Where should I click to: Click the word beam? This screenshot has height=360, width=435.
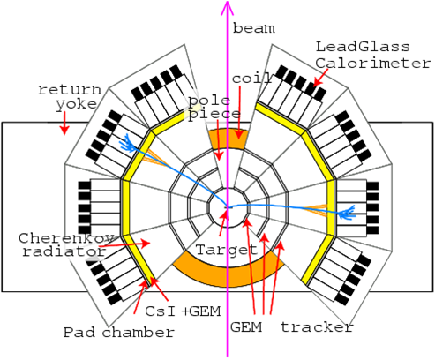point(254,28)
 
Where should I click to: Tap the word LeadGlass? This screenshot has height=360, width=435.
point(363,47)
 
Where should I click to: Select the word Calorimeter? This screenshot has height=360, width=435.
point(373,64)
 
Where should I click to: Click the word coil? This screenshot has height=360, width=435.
point(251,79)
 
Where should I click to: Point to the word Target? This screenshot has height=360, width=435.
point(227,250)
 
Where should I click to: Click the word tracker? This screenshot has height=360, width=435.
point(317,326)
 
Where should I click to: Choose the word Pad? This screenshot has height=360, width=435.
point(79,333)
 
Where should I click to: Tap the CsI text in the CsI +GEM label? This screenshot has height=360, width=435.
point(161,311)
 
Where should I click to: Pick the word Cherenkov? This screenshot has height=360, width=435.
point(67,238)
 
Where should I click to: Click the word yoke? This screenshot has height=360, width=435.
point(77,104)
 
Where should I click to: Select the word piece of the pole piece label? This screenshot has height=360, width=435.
point(214,115)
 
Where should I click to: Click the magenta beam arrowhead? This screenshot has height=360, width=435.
point(227,8)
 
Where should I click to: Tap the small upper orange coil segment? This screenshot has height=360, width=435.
point(227,139)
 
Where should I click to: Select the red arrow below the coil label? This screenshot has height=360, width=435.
point(239,112)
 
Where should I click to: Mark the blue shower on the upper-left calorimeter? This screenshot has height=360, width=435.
point(128,143)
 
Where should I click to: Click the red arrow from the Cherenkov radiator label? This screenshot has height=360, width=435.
point(124,244)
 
